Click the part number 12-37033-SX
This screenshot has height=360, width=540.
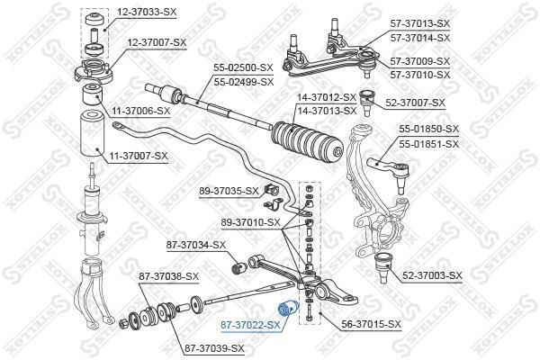click(147, 13)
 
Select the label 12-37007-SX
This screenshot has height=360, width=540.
click(157, 42)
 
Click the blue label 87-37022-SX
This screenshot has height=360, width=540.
click(251, 325)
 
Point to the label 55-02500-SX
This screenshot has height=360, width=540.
click(243, 67)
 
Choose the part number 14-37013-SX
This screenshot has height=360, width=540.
click(327, 111)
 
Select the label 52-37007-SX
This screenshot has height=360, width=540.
click(415, 103)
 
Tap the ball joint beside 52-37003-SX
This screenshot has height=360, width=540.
click(383, 267)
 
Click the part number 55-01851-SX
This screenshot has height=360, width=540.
click(429, 144)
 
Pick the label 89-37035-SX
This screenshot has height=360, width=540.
click(229, 191)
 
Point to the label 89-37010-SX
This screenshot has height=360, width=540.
click(251, 222)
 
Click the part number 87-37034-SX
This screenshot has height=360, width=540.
click(196, 245)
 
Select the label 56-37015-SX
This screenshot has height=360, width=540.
click(371, 324)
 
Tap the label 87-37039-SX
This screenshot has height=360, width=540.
click(214, 348)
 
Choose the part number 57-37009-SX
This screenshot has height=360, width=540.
click(420, 61)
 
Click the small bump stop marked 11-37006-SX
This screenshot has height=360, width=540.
click(93, 94)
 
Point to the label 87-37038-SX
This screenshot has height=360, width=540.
click(169, 276)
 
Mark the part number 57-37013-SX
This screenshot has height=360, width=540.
click(420, 23)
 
